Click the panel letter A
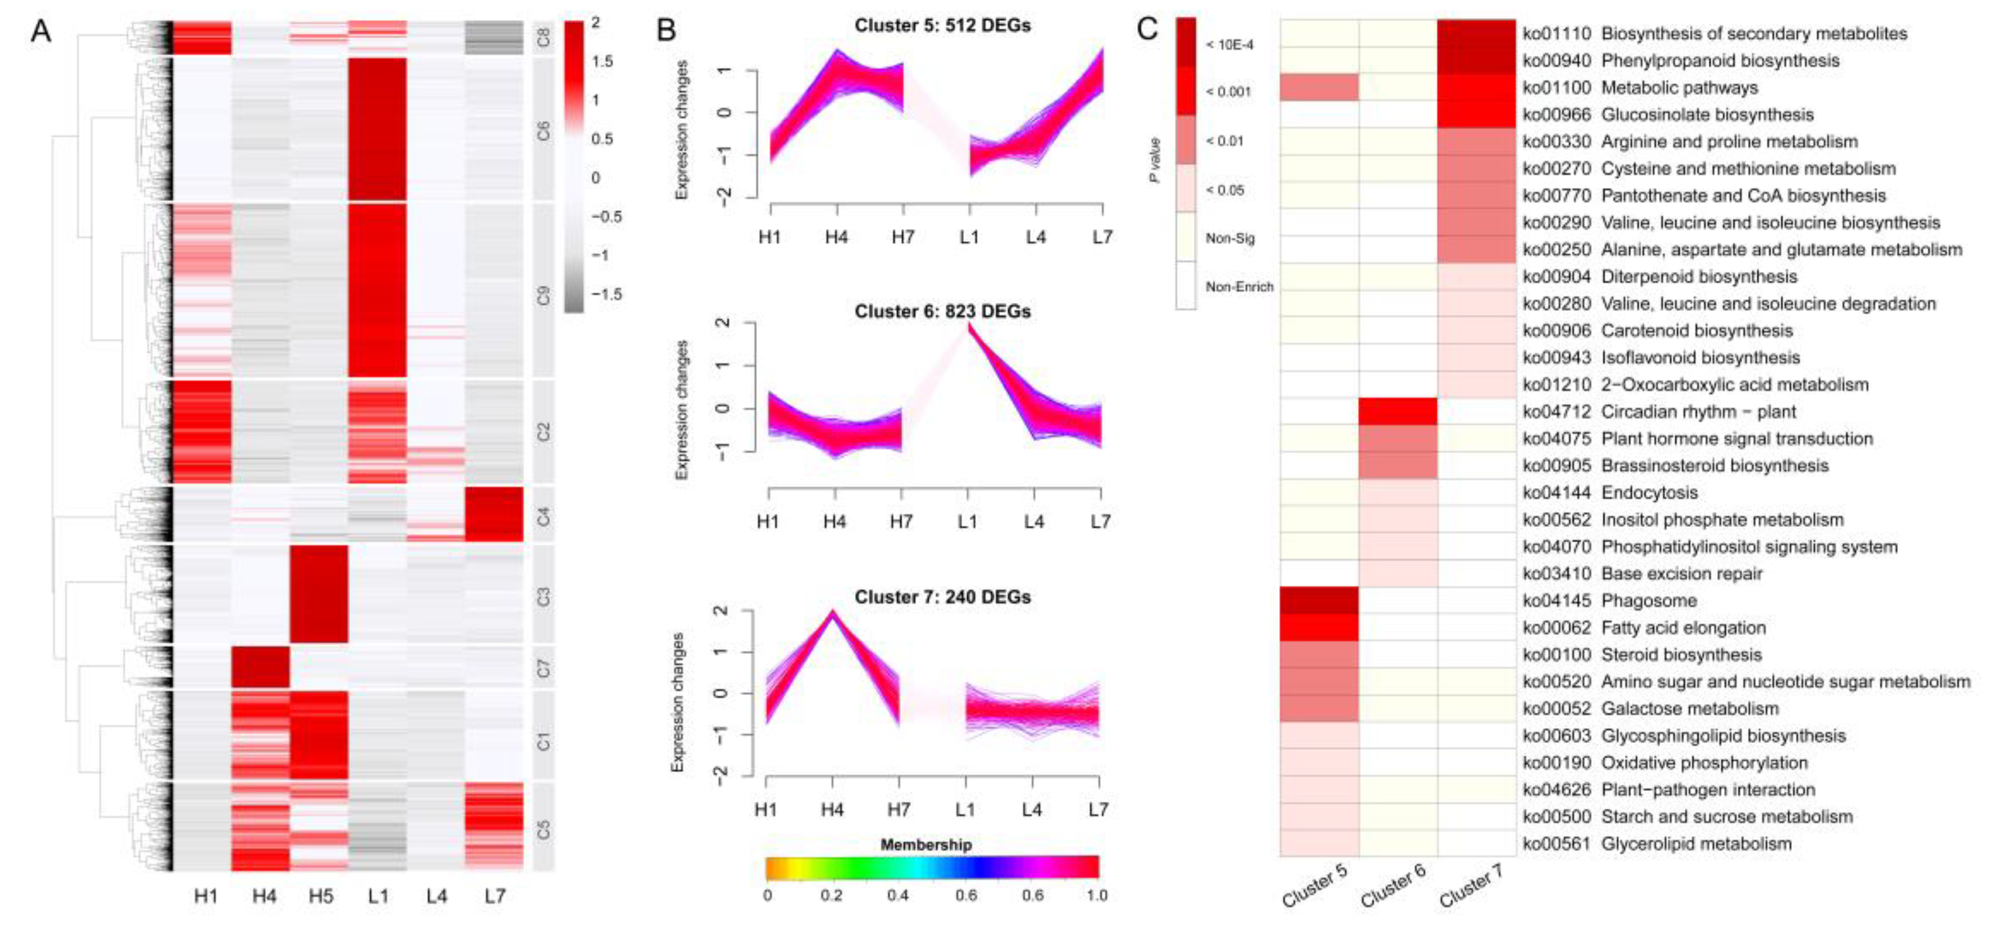[40, 31]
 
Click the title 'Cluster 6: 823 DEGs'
[942, 311]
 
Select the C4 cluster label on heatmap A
[543, 515]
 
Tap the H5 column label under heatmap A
[321, 896]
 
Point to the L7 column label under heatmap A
[494, 896]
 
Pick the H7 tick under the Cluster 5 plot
[903, 236]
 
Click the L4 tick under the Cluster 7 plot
[1031, 810]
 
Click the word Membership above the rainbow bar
[925, 845]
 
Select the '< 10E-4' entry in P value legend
[1229, 45]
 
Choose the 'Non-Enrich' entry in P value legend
[1239, 286]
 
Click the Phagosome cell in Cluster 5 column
[1319, 600]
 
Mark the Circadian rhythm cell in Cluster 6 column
[1398, 411]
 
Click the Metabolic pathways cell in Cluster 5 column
[1319, 87]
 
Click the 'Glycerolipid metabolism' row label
[1696, 844]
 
